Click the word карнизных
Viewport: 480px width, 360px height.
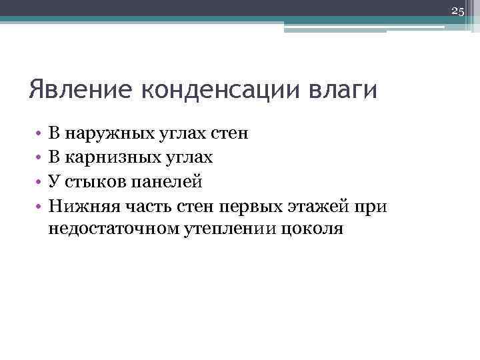tap(104, 157)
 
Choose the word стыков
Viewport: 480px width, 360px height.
tap(92, 181)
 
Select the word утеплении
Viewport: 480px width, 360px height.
tap(233, 229)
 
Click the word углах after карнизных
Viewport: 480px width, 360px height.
tap(188, 157)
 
